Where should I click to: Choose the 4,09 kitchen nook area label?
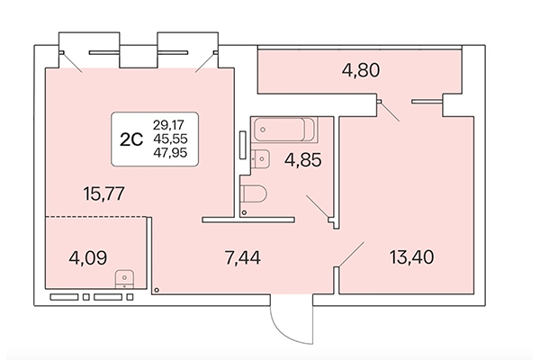89,260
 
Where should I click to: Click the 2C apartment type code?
131,138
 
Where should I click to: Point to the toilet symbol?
255,193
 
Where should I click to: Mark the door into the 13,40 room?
350,254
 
